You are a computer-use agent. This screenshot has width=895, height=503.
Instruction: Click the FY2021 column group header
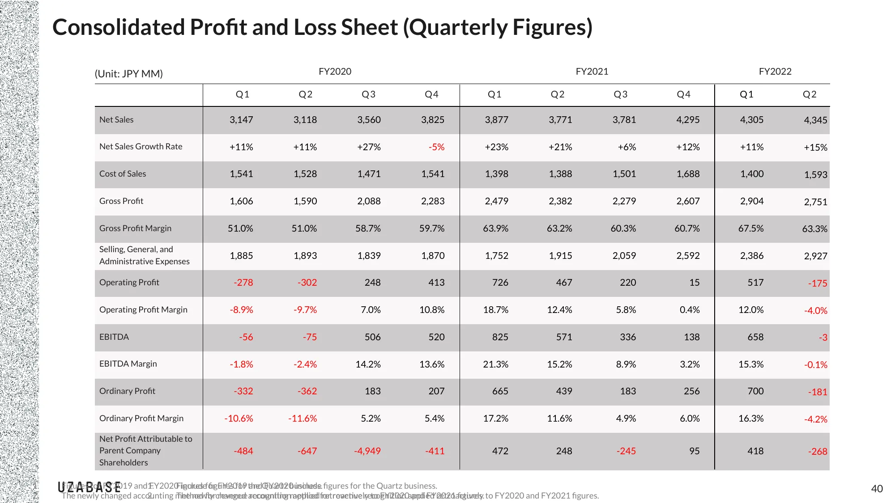pyautogui.click(x=592, y=72)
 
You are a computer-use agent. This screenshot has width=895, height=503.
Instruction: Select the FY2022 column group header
pyautogui.click(x=775, y=72)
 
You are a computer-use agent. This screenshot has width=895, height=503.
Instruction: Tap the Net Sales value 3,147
pyautogui.click(x=241, y=120)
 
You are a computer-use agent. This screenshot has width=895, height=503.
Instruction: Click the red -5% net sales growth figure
pyautogui.click(x=436, y=147)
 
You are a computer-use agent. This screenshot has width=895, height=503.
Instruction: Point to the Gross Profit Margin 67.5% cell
pyautogui.click(x=750, y=228)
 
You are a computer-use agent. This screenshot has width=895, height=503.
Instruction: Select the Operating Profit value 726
pyautogui.click(x=500, y=283)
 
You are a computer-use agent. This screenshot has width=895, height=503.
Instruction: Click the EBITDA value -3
pyautogui.click(x=823, y=338)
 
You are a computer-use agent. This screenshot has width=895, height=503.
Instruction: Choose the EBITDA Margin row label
pyautogui.click(x=128, y=364)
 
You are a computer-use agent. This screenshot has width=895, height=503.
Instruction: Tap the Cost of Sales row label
pyautogui.click(x=123, y=174)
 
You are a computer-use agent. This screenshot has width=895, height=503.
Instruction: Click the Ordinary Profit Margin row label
pyautogui.click(x=141, y=418)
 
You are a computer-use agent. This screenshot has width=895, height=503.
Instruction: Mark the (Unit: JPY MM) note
pyautogui.click(x=128, y=74)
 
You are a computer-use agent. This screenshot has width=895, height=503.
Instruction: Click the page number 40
pyautogui.click(x=877, y=489)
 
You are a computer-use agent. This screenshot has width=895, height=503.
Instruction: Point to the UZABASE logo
pyautogui.click(x=89, y=487)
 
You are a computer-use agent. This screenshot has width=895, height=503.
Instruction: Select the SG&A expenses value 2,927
pyautogui.click(x=815, y=256)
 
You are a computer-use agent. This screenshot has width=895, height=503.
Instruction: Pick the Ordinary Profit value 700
pyautogui.click(x=755, y=391)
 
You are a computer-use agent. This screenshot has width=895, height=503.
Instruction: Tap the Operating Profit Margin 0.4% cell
pyautogui.click(x=689, y=310)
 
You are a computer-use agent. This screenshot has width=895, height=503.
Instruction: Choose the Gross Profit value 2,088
pyautogui.click(x=369, y=201)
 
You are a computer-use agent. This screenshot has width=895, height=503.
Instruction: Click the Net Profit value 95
pyautogui.click(x=694, y=451)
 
